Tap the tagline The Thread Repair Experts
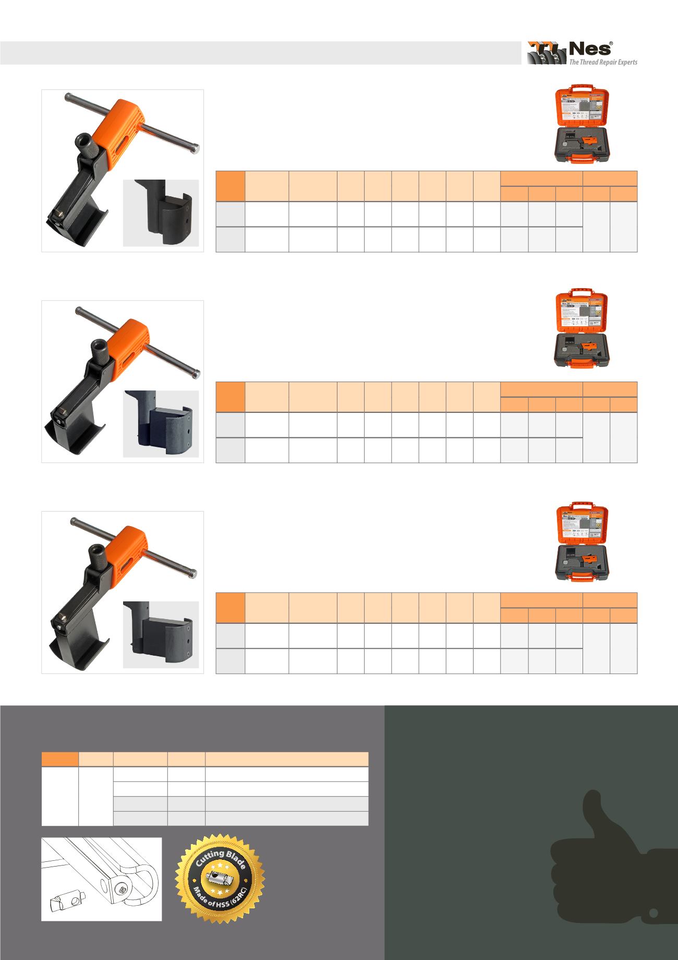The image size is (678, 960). (602, 62)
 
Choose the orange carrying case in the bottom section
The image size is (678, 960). (582, 543)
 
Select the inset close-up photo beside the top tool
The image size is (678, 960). (161, 212)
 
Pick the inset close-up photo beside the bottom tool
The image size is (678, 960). (161, 634)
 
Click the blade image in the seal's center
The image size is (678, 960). (220, 880)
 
